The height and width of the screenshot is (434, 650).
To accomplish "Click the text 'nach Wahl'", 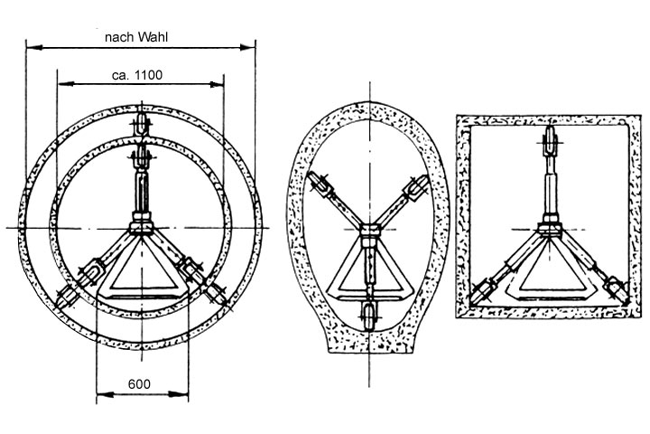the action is click(x=136, y=37).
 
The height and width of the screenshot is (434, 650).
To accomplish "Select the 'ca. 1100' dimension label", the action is click(x=137, y=75).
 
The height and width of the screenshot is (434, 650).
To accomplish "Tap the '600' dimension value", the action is click(x=139, y=384).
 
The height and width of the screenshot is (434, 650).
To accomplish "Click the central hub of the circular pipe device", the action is click(x=142, y=228).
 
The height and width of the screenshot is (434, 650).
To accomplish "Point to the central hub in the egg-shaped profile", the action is click(x=369, y=230).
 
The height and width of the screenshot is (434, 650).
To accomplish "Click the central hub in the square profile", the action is click(x=550, y=229).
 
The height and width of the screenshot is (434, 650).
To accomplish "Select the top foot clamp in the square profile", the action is click(x=550, y=141).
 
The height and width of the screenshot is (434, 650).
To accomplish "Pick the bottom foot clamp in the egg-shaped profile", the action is click(x=369, y=315).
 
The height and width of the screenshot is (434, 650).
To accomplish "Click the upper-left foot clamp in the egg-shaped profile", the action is click(x=320, y=184).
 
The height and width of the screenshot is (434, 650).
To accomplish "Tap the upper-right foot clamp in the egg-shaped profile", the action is click(x=416, y=188).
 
